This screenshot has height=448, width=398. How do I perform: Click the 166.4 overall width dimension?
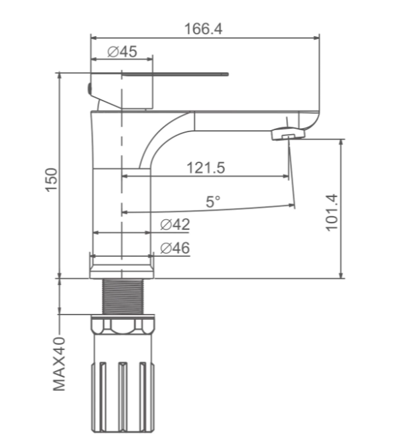pyautogui.click(x=203, y=29)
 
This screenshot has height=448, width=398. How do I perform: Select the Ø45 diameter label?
pyautogui.click(x=122, y=52)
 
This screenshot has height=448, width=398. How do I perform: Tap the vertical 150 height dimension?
pyautogui.click(x=52, y=180)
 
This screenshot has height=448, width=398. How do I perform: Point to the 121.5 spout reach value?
pyautogui.click(x=206, y=168)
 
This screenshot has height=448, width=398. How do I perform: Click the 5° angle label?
pyautogui.click(x=213, y=202)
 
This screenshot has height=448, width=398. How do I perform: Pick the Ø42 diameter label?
pyautogui.click(x=175, y=225)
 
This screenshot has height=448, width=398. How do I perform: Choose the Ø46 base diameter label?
pyautogui.click(x=175, y=247)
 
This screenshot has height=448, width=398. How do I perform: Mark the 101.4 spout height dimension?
pyautogui.click(x=332, y=213)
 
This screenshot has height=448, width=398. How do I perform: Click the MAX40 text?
pyautogui.click(x=59, y=364)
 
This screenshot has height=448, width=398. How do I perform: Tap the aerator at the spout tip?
pyautogui.click(x=288, y=133)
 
